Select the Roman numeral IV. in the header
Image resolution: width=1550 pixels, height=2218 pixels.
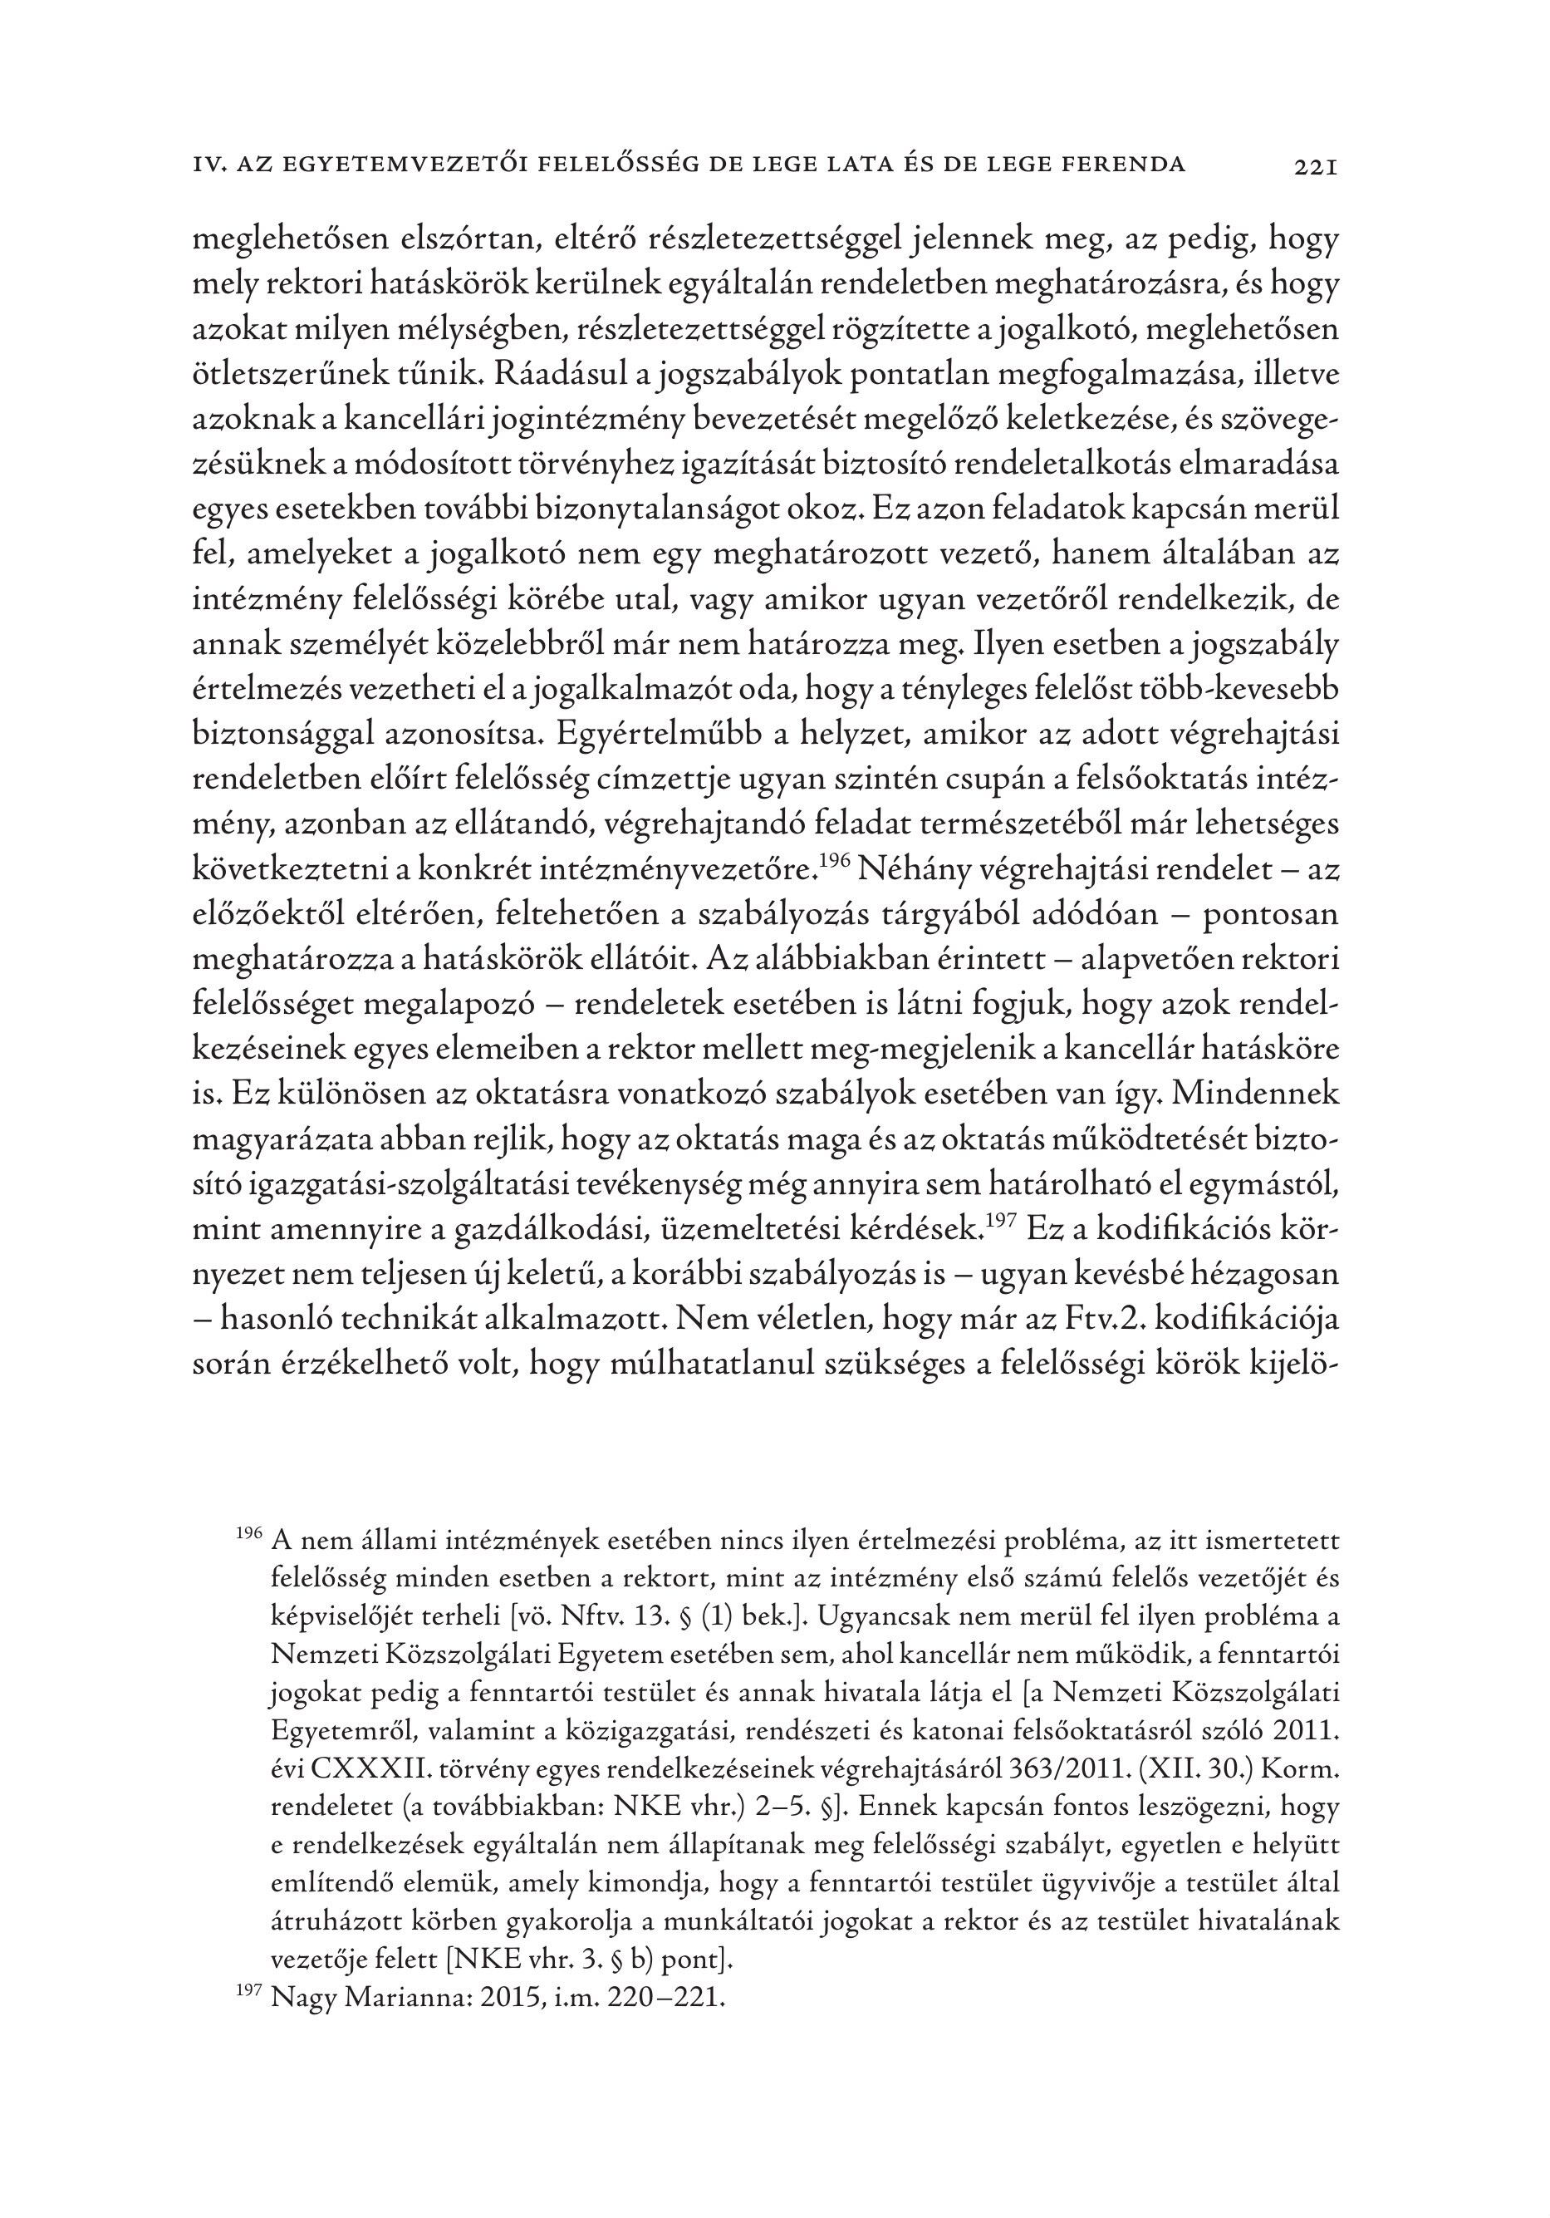[x=209, y=165]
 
